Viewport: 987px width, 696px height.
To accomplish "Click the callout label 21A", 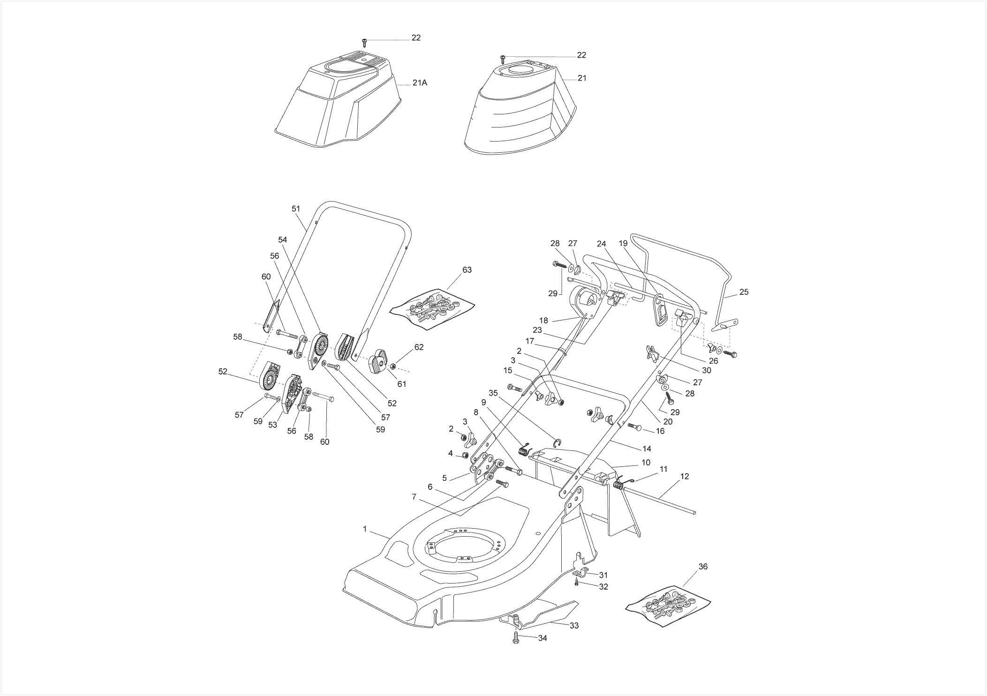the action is click(420, 83).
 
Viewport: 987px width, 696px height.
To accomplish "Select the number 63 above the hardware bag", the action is click(467, 269).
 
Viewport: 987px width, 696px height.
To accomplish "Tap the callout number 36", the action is click(703, 566).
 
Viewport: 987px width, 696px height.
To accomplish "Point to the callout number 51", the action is click(295, 209).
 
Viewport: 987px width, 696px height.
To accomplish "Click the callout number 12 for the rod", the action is click(685, 476).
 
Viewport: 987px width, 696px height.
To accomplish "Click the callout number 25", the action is click(744, 292).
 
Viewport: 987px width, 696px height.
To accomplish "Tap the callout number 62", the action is click(419, 347).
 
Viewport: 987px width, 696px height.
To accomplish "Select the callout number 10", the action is click(646, 463).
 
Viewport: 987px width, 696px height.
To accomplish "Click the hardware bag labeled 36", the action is click(668, 605).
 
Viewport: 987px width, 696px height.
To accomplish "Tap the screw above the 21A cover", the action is click(365, 43).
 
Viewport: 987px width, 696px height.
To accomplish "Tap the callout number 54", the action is click(282, 239).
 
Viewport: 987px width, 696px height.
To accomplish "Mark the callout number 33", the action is click(574, 626).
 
